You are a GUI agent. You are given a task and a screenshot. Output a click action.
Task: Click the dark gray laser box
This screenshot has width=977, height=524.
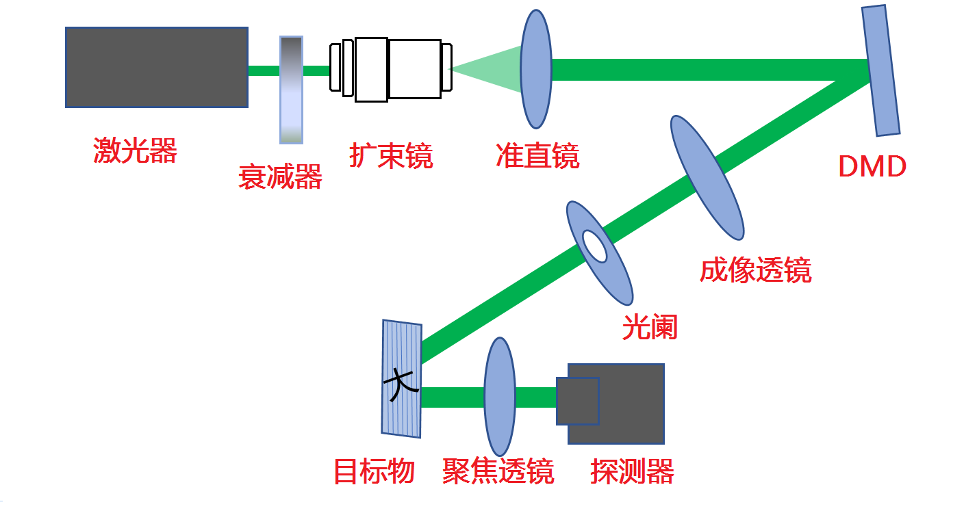(156, 67)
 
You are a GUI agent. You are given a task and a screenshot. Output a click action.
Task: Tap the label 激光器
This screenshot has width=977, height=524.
(135, 150)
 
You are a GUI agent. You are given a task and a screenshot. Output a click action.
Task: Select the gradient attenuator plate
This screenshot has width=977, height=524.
(291, 90)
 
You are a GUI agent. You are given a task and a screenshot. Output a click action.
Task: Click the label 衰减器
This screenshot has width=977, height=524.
(280, 177)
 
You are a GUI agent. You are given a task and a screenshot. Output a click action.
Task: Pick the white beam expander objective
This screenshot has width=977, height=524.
(391, 68)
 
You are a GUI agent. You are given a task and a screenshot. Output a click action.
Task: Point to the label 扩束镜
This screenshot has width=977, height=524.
(391, 155)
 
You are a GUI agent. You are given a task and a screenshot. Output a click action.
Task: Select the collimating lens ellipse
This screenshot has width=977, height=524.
(535, 68)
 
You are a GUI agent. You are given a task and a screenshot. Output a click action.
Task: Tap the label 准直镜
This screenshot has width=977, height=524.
(537, 156)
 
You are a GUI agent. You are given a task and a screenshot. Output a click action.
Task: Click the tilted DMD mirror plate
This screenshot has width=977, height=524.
(880, 70)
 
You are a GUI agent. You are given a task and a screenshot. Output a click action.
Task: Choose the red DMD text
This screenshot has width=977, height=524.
(872, 166)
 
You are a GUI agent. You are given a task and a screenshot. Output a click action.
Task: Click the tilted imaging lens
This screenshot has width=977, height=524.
(707, 177)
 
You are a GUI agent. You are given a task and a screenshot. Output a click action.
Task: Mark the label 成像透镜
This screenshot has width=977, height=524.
(755, 271)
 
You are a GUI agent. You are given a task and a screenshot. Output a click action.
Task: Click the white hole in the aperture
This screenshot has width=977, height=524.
(594, 246)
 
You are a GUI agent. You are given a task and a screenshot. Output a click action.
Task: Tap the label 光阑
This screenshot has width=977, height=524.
(649, 328)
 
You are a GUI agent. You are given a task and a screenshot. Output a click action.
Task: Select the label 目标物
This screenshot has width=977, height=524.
(374, 472)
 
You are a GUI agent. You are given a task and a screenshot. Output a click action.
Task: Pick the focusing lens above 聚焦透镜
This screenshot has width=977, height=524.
(499, 397)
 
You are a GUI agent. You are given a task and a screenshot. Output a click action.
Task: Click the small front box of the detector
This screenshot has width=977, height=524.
(577, 400)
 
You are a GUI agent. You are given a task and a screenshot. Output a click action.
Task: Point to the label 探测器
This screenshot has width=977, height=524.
(632, 472)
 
